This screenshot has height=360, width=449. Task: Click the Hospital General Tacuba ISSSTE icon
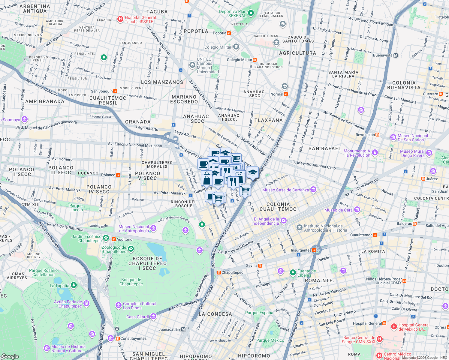[x=120, y=19]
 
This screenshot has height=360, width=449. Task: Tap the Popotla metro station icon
[x=229, y=33]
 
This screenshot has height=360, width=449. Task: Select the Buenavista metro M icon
[x=396, y=55]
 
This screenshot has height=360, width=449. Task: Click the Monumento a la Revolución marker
[x=375, y=153]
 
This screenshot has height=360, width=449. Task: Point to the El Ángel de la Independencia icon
[x=284, y=221]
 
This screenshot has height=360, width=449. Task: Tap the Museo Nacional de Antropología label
[x=134, y=229]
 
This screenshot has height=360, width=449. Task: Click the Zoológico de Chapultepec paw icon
[x=131, y=249]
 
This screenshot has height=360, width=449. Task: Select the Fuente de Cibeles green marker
[x=293, y=273]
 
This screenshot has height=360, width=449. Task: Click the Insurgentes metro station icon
[x=314, y=250]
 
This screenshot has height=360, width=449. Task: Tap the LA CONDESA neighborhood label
[x=215, y=314]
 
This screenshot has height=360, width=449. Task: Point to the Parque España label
[x=259, y=313]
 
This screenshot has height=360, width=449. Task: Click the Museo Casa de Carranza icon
[x=313, y=189]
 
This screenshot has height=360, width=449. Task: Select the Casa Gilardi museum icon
[x=153, y=316]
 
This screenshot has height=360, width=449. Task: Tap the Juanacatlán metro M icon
[x=183, y=329]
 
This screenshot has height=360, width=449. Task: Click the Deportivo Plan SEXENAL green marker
[x=251, y=13]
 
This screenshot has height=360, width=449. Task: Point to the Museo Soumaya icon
[x=25, y=120]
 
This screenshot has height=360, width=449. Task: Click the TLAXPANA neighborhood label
[x=268, y=120]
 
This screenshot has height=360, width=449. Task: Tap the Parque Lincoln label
[x=76, y=208]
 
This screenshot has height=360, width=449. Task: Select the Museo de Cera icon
[x=357, y=210]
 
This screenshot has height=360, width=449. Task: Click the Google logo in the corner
[x=10, y=356]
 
